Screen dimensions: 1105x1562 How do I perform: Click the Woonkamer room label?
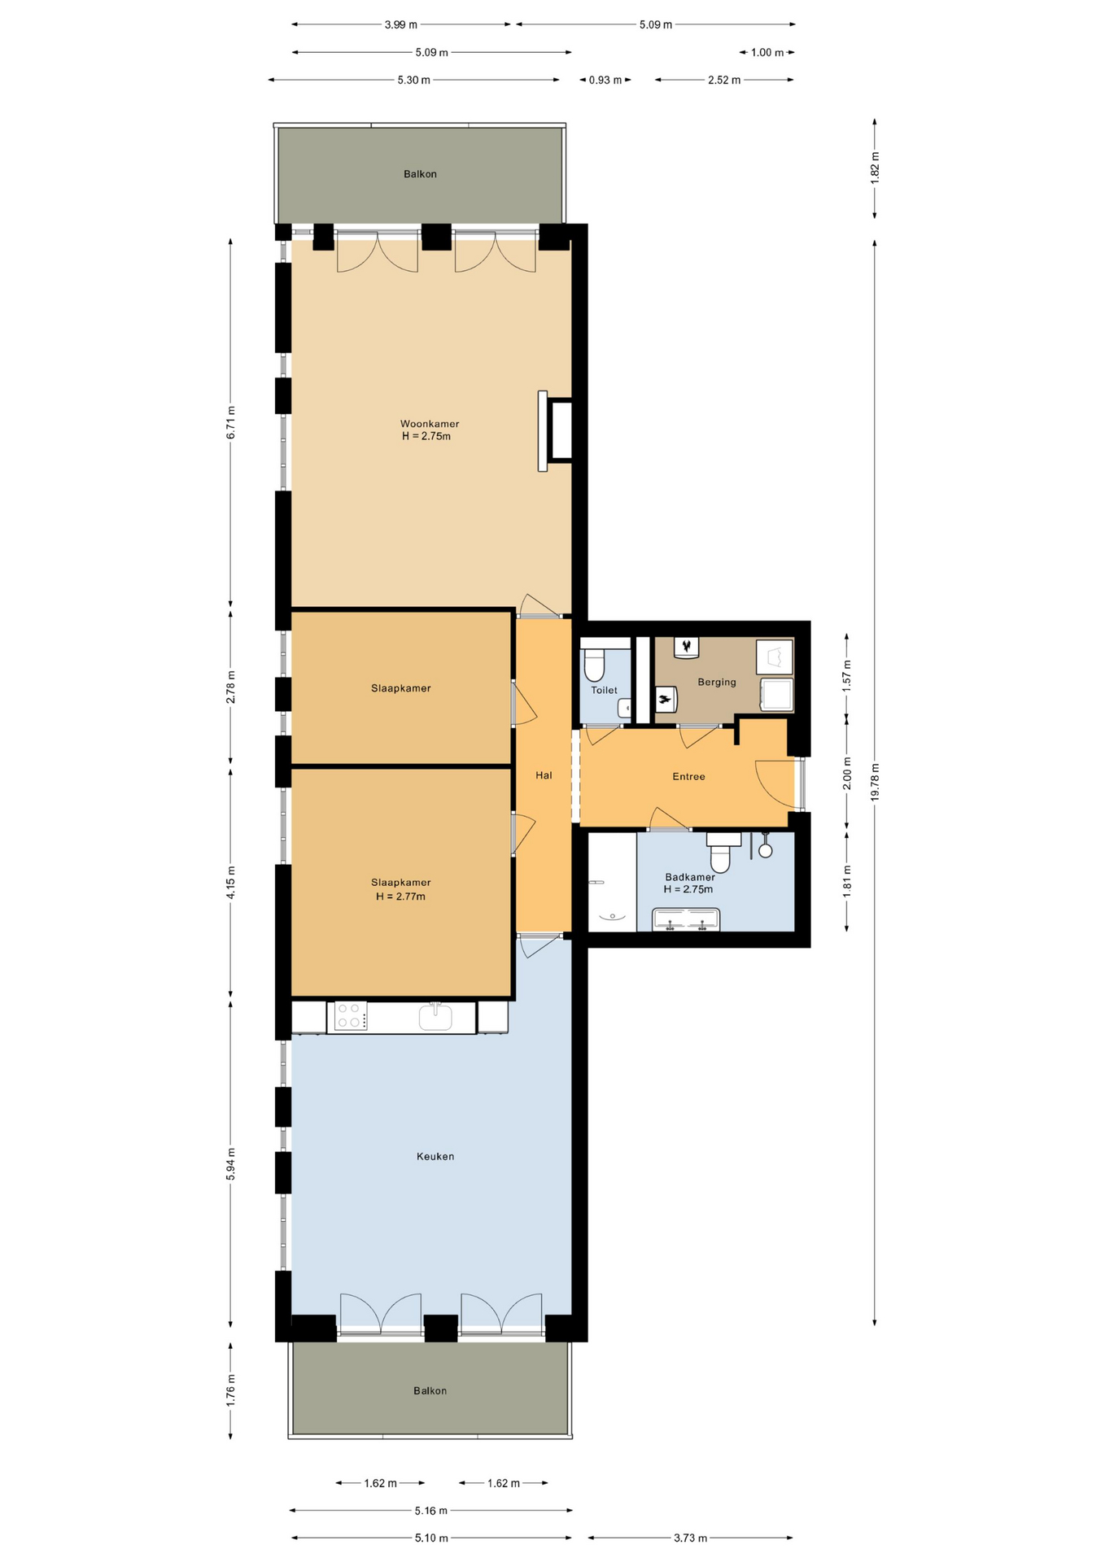pyautogui.click(x=430, y=424)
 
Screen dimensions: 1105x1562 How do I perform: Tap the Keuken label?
pyautogui.click(x=435, y=1156)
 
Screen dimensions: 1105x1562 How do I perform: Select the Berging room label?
pyautogui.click(x=717, y=682)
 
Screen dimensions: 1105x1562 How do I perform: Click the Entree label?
pyautogui.click(x=688, y=776)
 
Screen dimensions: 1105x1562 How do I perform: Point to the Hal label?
pyautogui.click(x=544, y=775)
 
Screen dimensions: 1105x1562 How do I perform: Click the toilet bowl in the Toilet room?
pyautogui.click(x=594, y=664)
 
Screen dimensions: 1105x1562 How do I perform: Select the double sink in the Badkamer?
pyautogui.click(x=685, y=919)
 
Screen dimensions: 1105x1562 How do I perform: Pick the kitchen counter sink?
pyautogui.click(x=436, y=1017)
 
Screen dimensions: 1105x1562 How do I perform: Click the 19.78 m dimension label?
pyautogui.click(x=876, y=782)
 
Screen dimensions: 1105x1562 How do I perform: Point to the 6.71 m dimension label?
pyautogui.click(x=231, y=423)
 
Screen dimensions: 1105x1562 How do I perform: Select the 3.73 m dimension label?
pyautogui.click(x=690, y=1538)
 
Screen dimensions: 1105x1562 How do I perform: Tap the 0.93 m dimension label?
pyautogui.click(x=605, y=80)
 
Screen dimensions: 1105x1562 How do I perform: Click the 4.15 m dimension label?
pyautogui.click(x=231, y=883)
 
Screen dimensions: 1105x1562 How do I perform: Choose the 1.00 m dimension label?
pyautogui.click(x=767, y=53)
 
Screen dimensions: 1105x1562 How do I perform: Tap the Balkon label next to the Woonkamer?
pyautogui.click(x=420, y=174)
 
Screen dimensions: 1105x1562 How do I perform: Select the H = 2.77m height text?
pyautogui.click(x=400, y=897)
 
